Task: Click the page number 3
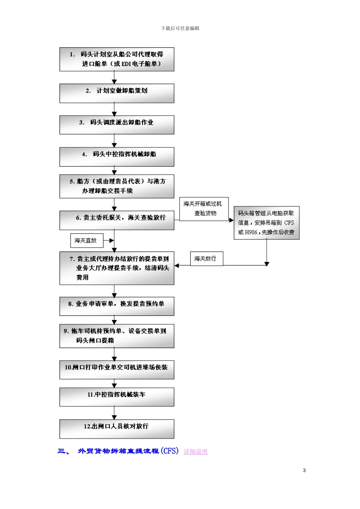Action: (304, 470)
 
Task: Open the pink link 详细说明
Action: (196, 451)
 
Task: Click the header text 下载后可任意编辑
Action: (180, 28)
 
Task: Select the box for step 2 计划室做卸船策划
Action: (117, 93)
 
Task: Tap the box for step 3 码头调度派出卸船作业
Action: (117, 125)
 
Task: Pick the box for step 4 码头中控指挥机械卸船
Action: (117, 156)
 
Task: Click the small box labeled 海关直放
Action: (86, 240)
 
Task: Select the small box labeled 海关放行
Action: (206, 259)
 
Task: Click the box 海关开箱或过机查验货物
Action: (204, 209)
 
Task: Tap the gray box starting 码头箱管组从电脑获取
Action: (266, 223)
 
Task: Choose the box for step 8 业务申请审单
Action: (117, 306)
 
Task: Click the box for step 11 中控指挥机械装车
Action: (117, 397)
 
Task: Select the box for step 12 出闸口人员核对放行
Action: (117, 429)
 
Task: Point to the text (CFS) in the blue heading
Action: (169, 451)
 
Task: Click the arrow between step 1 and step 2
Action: (114, 77)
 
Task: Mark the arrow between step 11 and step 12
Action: (114, 413)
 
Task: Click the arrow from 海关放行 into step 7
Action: (182, 265)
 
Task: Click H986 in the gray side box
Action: (251, 232)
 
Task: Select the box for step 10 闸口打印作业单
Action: (117, 370)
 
